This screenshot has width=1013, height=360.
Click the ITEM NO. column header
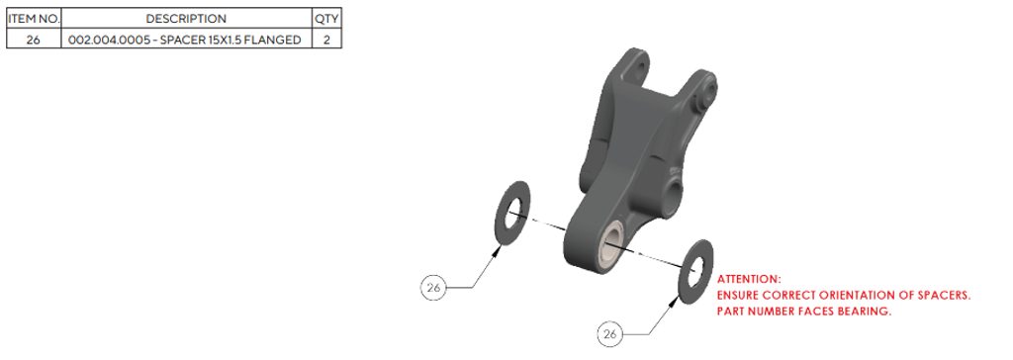pyautogui.click(x=34, y=19)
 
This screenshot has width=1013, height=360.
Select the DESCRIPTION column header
pyautogui.click(x=186, y=19)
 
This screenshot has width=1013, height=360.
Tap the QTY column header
pyautogui.click(x=326, y=19)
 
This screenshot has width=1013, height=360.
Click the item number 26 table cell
pyautogui.click(x=34, y=40)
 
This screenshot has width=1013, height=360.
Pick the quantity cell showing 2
pyautogui.click(x=326, y=40)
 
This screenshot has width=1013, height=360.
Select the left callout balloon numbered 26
pyautogui.click(x=433, y=288)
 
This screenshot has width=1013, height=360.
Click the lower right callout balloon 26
pyautogui.click(x=609, y=335)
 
